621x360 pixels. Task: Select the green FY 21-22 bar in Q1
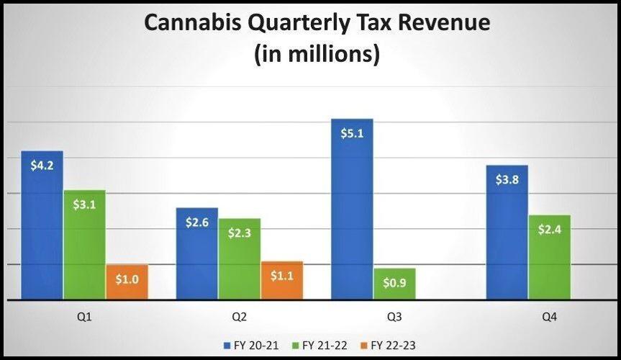tap(84, 245)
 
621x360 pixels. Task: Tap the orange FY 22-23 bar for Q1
tap(127, 282)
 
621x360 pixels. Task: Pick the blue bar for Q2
tap(197, 253)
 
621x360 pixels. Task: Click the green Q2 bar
tap(240, 258)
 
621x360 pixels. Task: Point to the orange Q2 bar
tap(282, 280)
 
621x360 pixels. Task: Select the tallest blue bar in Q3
tap(352, 209)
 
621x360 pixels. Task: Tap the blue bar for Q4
tap(507, 232)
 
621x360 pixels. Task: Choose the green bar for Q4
tap(550, 257)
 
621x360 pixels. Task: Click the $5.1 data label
tap(353, 132)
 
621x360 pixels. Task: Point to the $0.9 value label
tap(394, 282)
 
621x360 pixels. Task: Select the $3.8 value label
tap(507, 179)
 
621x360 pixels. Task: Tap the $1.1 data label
tap(282, 274)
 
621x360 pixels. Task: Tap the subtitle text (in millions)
tap(317, 54)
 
